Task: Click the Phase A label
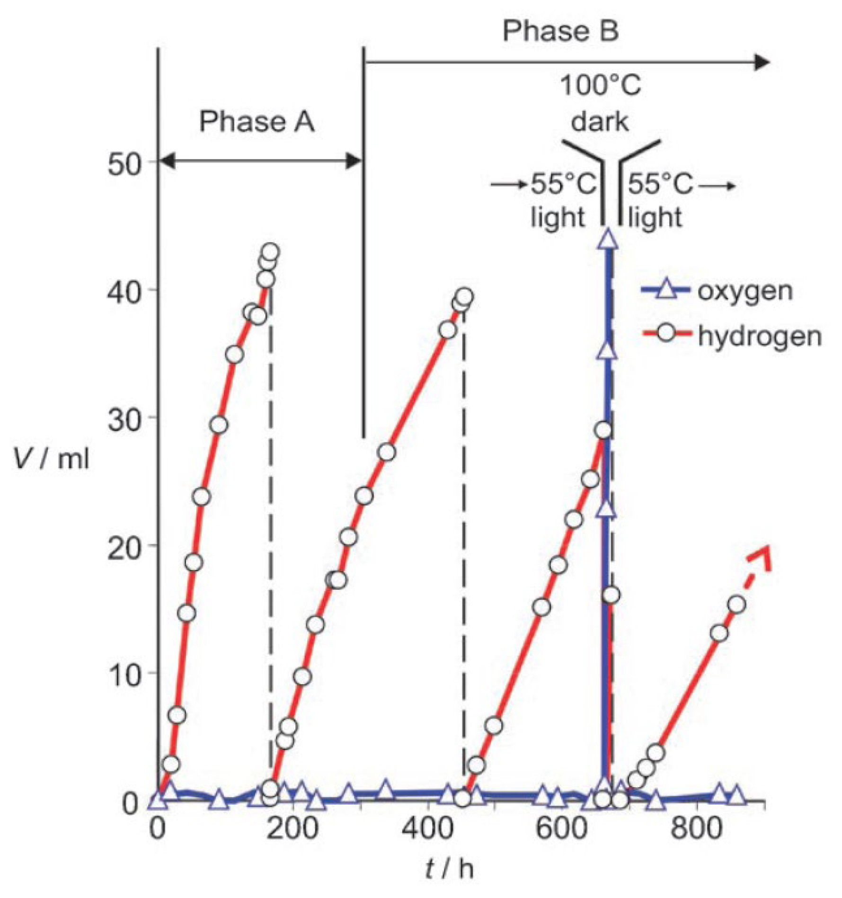click(257, 122)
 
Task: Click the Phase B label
click(560, 31)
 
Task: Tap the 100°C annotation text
click(600, 86)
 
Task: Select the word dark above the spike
click(600, 122)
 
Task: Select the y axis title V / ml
click(51, 458)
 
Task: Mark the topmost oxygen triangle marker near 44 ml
click(608, 239)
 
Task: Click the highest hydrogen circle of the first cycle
click(271, 251)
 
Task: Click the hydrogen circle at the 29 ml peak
click(603, 430)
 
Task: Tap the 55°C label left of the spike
click(563, 184)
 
